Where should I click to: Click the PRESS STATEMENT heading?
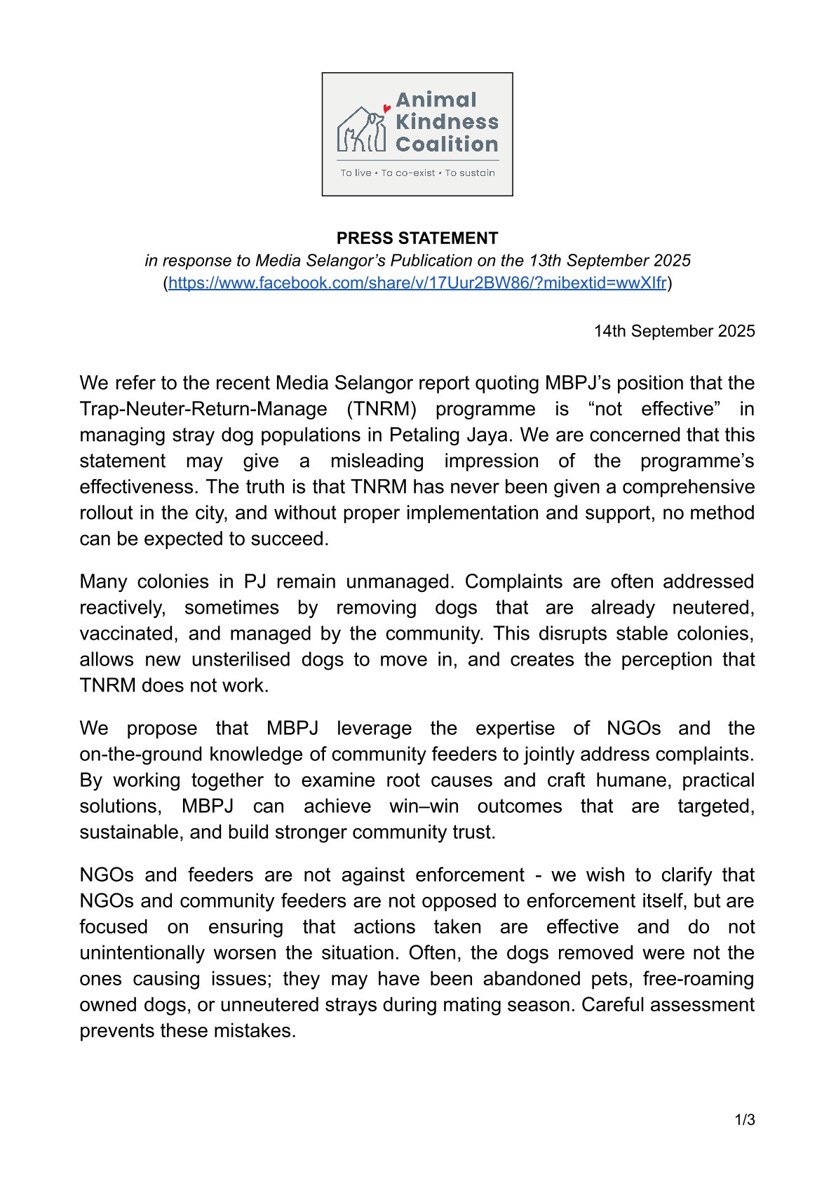(x=417, y=238)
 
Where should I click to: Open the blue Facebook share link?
(x=417, y=283)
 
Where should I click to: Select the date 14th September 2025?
(x=674, y=331)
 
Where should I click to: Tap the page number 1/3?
(x=745, y=1120)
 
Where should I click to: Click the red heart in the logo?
(x=386, y=109)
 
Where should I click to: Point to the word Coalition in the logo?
(x=447, y=144)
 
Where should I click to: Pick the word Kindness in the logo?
(x=447, y=122)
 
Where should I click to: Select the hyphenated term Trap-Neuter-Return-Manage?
(x=203, y=409)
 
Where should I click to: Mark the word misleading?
(x=377, y=461)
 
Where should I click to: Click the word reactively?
(x=122, y=607)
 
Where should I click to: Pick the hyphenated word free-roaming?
(x=699, y=978)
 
